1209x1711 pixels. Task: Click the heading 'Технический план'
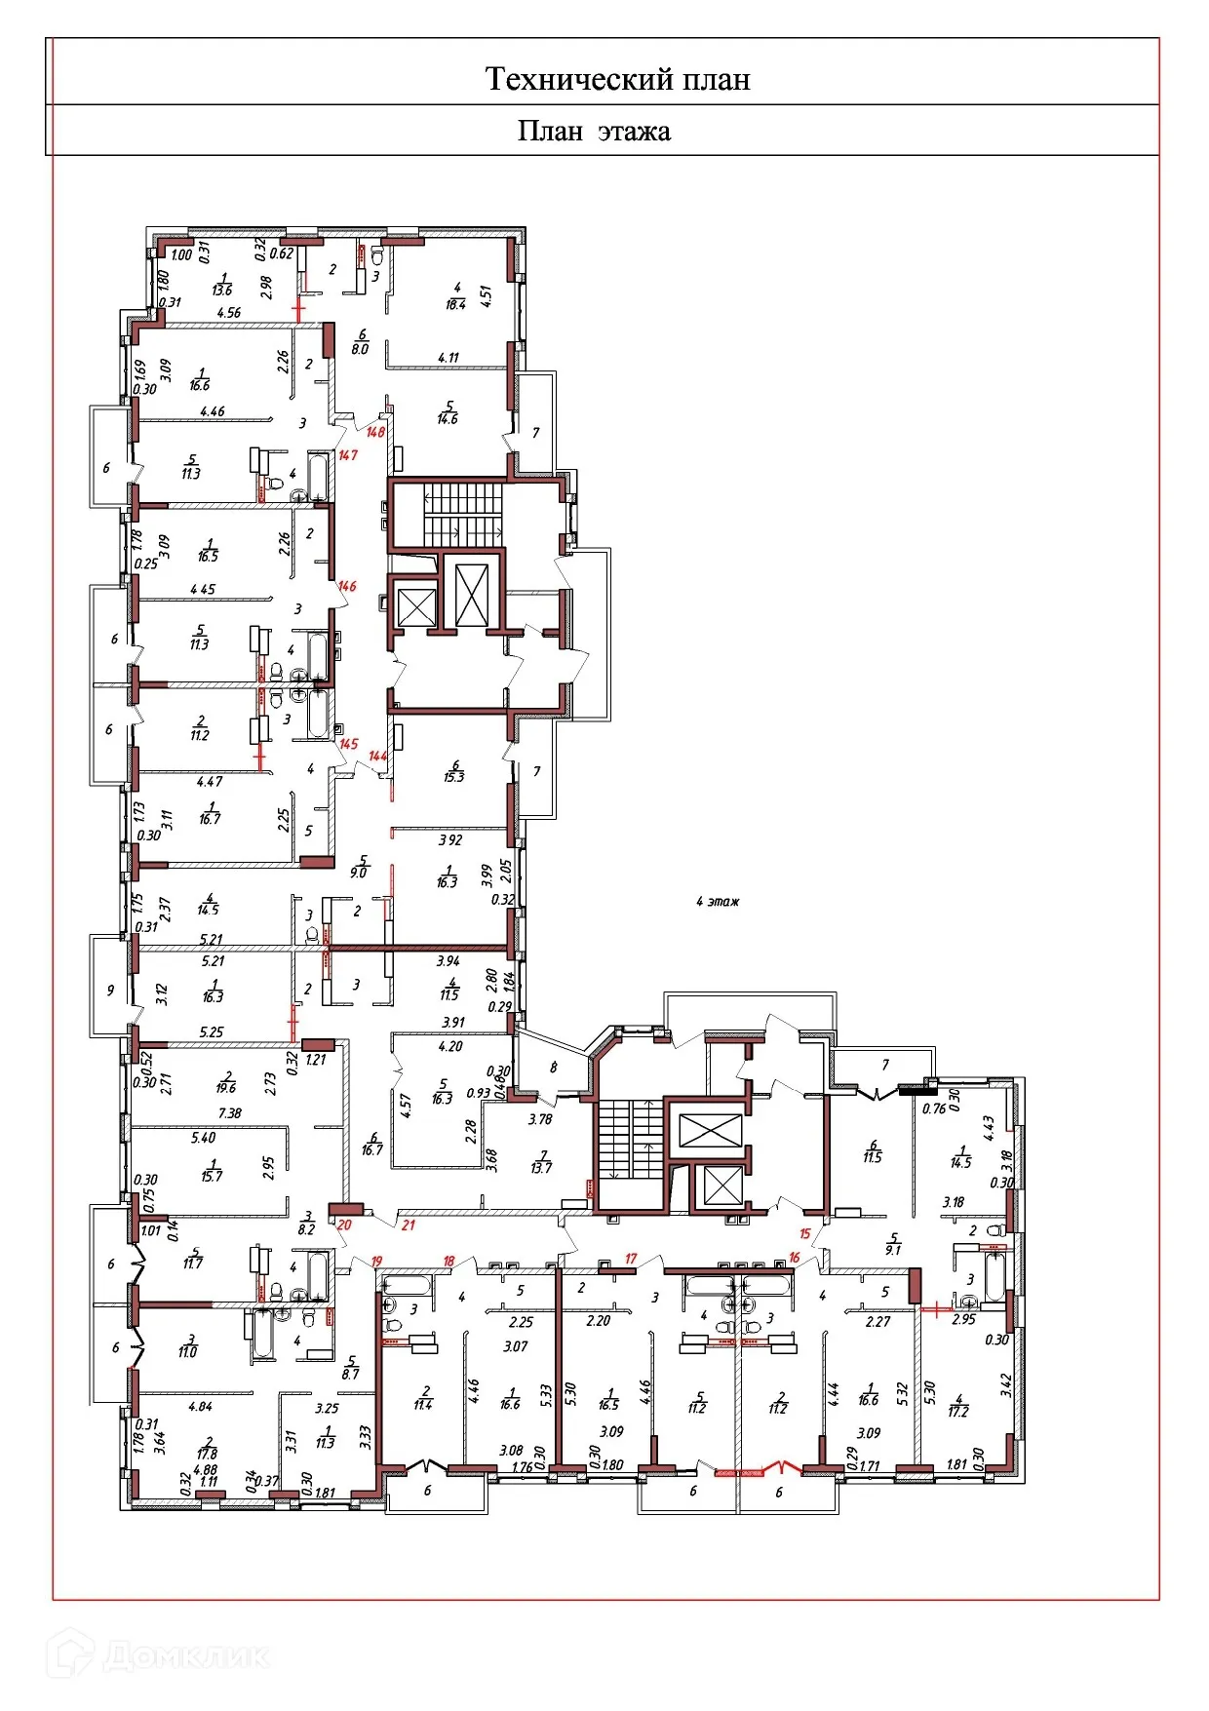(x=617, y=79)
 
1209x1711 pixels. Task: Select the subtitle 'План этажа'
(x=594, y=131)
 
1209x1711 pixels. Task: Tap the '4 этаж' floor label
(x=718, y=902)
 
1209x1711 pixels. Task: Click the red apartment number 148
(x=375, y=432)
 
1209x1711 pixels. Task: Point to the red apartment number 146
(x=347, y=587)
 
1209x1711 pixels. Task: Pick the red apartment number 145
(x=348, y=744)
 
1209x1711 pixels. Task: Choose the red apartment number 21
(x=409, y=1225)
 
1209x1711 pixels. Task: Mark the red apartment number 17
(x=631, y=1259)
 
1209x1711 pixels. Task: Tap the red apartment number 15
(x=805, y=1234)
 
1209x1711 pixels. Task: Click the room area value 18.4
(x=455, y=304)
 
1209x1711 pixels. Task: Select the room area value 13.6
(x=222, y=290)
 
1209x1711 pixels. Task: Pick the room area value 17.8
(x=207, y=1454)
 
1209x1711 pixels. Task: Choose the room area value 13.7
(x=541, y=1168)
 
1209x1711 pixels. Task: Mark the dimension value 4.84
(x=199, y=1406)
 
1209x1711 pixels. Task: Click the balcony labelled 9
(x=110, y=991)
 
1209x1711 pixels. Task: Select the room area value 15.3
(x=453, y=777)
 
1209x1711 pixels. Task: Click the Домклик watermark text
(x=185, y=1655)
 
